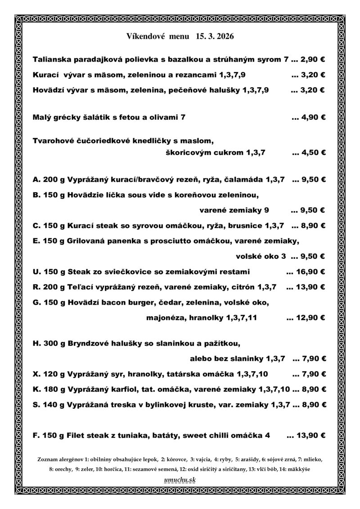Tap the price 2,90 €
(x=313, y=59)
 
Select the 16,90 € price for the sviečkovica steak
(x=311, y=271)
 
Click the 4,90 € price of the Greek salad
(x=313, y=117)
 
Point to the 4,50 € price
(x=313, y=152)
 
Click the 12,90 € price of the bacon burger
(x=311, y=318)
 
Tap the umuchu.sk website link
(x=180, y=480)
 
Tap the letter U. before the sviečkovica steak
(x=37, y=271)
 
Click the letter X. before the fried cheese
(x=37, y=374)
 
